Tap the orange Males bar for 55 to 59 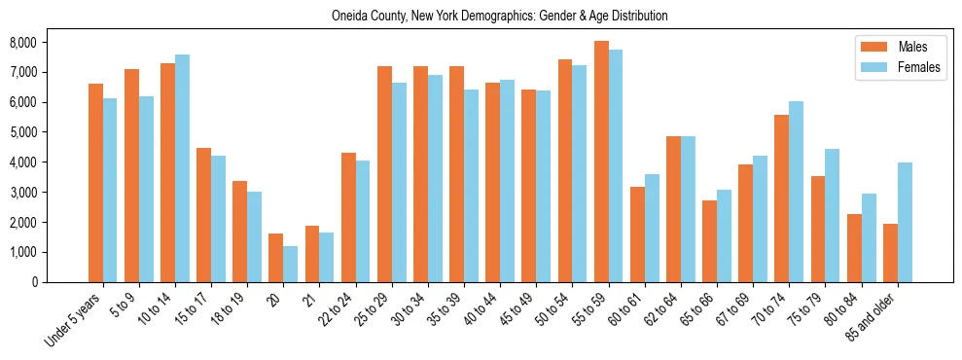pyautogui.click(x=601, y=162)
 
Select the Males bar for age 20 pyautogui.click(x=275, y=258)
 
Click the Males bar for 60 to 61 pyautogui.click(x=637, y=234)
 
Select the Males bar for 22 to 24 pyautogui.click(x=348, y=217)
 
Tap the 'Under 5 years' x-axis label pyautogui.click(x=73, y=320)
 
